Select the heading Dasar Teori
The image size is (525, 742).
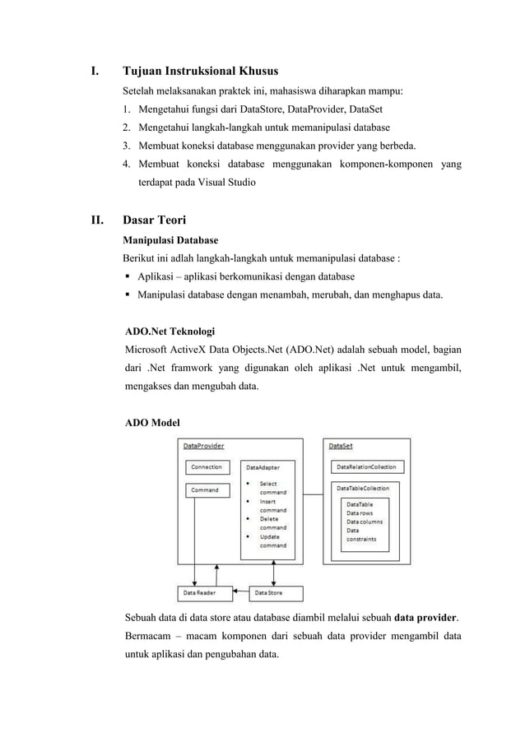tap(154, 220)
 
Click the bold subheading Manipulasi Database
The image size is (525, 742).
tap(170, 240)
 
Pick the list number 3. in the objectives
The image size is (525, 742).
tap(128, 146)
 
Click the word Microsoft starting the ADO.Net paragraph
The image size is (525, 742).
tap(149, 351)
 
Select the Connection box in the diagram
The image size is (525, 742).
tap(206, 467)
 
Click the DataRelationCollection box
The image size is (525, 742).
tap(366, 467)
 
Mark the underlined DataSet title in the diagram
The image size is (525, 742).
tap(341, 447)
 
